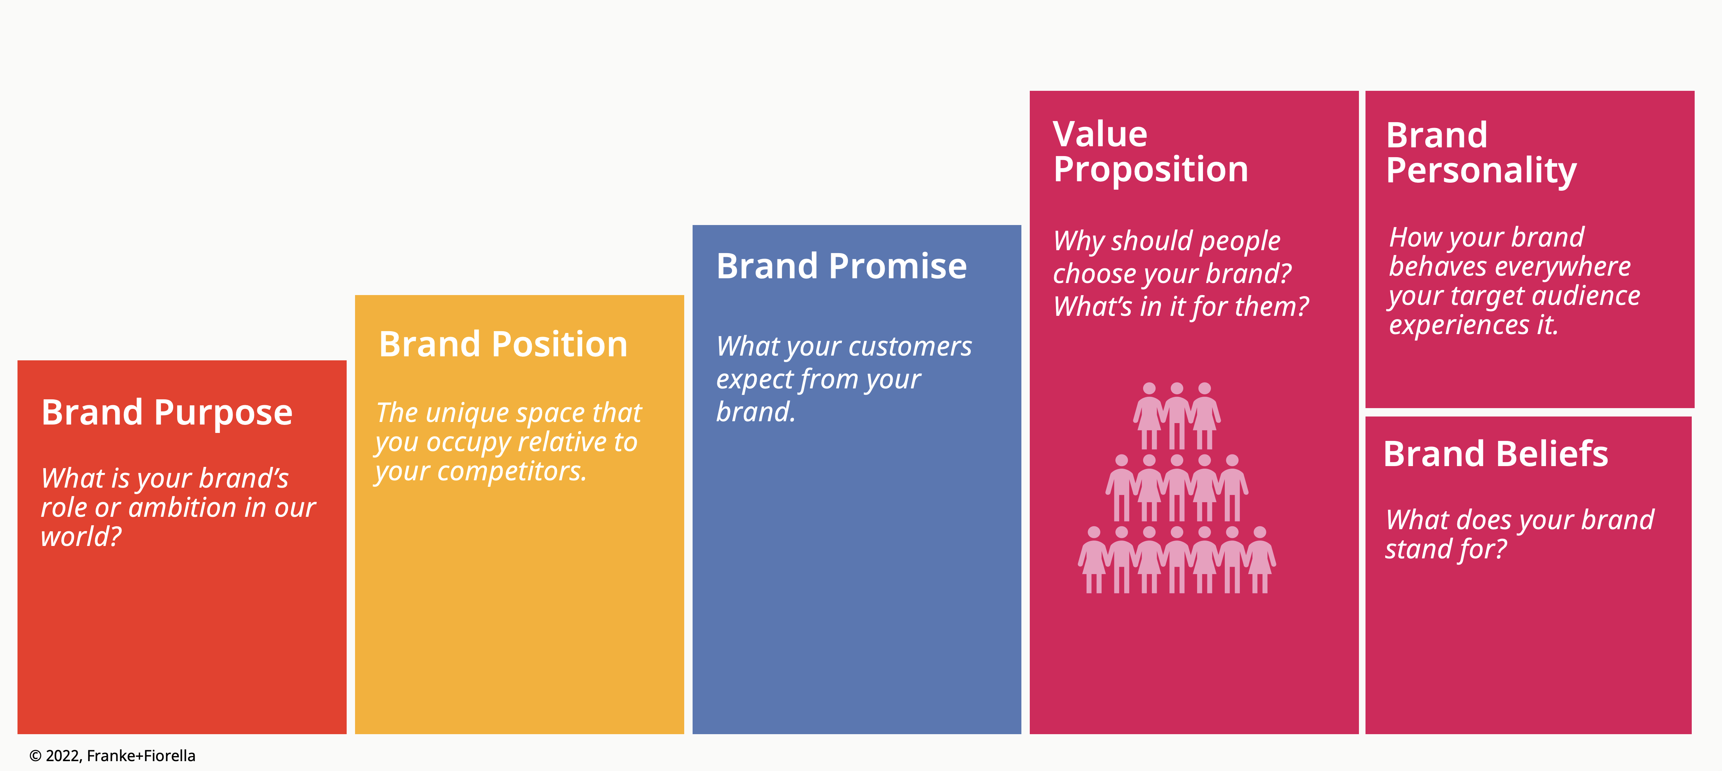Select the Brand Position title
point(503,344)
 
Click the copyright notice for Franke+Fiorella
point(112,756)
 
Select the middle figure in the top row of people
point(1177,416)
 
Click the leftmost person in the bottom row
point(1094,560)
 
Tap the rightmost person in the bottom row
point(1260,560)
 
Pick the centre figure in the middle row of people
point(1177,488)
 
